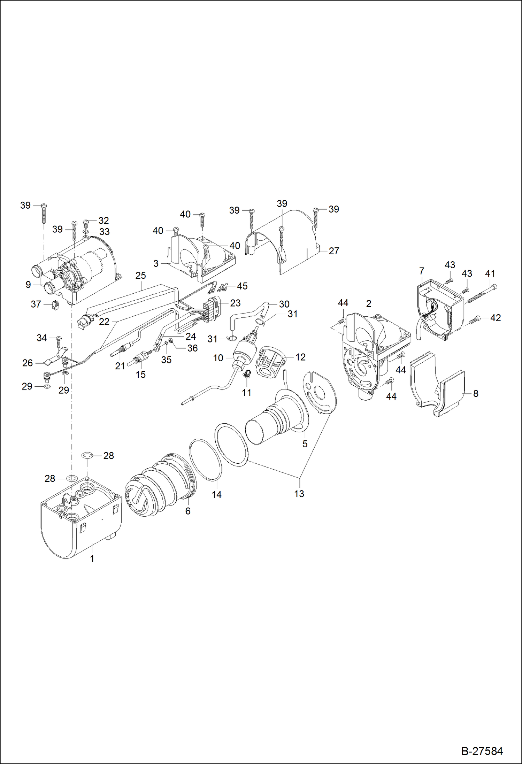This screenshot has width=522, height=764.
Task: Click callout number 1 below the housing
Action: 92,559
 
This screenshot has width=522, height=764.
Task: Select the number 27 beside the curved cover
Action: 333,251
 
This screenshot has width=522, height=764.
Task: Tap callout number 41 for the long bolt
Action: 490,274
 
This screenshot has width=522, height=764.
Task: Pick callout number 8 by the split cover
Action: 476,394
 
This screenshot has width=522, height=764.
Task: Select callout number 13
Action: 299,494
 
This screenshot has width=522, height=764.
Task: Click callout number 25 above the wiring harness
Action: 141,276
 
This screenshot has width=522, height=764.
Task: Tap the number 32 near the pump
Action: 103,221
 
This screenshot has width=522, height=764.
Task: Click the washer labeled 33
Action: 86,231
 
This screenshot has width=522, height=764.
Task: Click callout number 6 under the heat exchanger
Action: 188,511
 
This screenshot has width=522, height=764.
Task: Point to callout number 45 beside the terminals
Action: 242,286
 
